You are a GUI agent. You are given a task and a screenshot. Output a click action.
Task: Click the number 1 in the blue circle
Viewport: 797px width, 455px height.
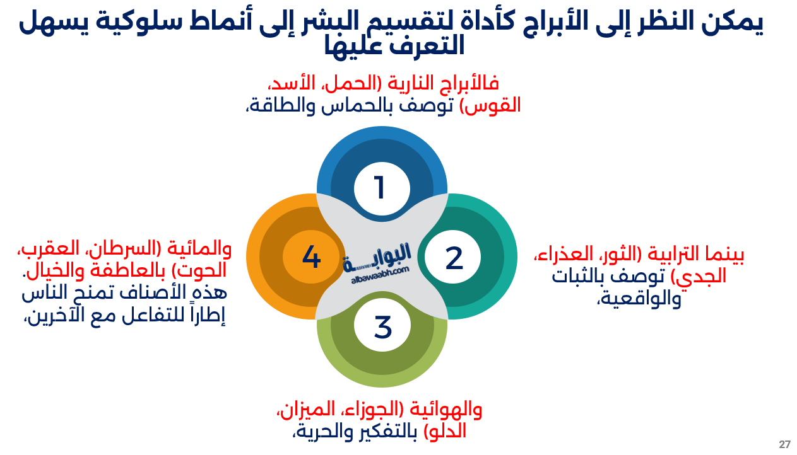click(379, 188)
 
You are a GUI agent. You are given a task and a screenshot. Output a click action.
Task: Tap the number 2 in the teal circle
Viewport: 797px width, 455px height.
click(454, 258)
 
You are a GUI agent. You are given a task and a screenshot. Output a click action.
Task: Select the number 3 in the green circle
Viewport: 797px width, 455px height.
click(382, 327)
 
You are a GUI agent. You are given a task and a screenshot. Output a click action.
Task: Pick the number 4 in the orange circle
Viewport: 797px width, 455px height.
click(312, 257)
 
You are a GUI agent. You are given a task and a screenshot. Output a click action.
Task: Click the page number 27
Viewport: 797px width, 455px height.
click(784, 444)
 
